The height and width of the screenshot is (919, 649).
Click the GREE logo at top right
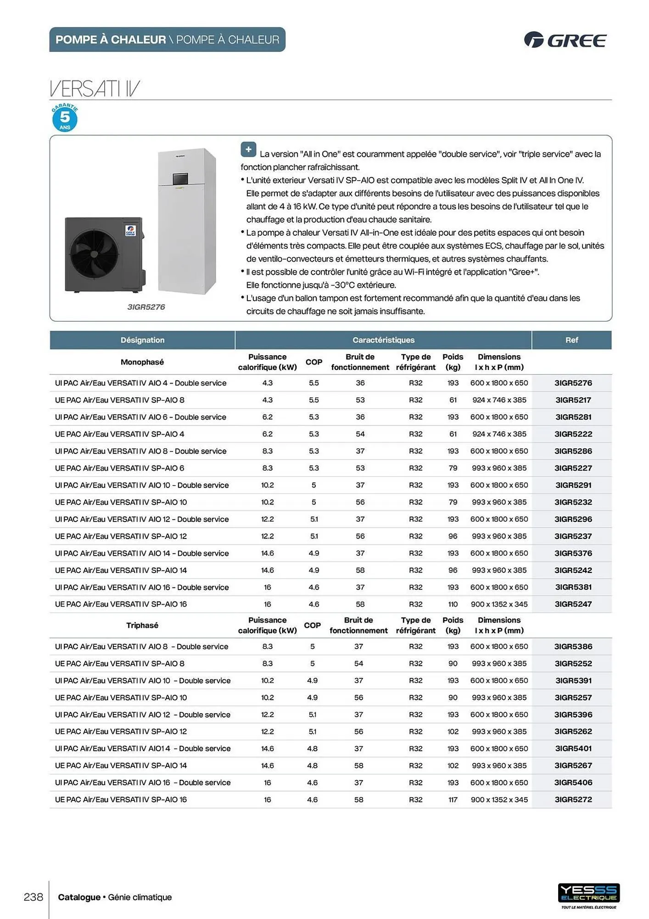[565, 40]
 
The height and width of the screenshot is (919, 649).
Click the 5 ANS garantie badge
[65, 118]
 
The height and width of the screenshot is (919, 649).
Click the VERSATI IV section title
[95, 88]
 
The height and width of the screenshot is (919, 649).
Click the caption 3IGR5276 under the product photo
[146, 307]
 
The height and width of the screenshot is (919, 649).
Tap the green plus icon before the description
[248, 149]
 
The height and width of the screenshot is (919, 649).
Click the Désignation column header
[142, 340]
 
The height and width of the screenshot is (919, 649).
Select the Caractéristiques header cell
[383, 340]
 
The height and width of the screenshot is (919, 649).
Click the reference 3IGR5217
[573, 400]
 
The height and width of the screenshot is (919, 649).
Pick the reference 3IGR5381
[573, 587]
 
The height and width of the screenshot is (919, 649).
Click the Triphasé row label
[142, 625]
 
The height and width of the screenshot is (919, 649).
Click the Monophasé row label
[142, 362]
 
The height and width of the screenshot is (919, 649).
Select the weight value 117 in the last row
[453, 800]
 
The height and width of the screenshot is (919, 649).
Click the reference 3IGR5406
[573, 783]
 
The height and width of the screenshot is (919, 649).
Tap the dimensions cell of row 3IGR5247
[499, 604]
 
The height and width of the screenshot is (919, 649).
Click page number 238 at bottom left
[34, 897]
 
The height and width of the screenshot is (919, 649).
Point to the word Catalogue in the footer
[79, 897]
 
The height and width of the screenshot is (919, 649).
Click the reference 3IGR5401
[573, 749]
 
